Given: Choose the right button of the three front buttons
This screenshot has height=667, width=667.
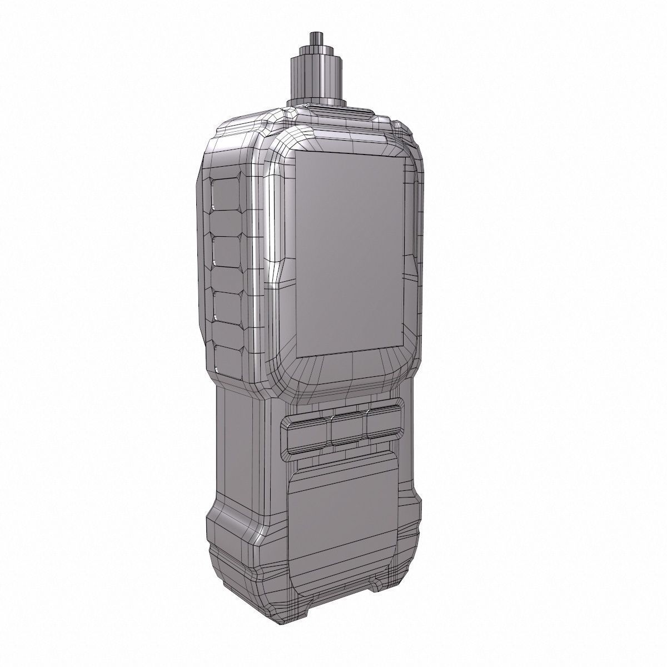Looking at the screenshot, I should tap(384, 424).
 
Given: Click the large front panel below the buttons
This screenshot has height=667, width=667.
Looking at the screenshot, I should tap(345, 506).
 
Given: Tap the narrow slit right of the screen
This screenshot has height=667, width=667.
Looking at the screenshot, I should tap(414, 222).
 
